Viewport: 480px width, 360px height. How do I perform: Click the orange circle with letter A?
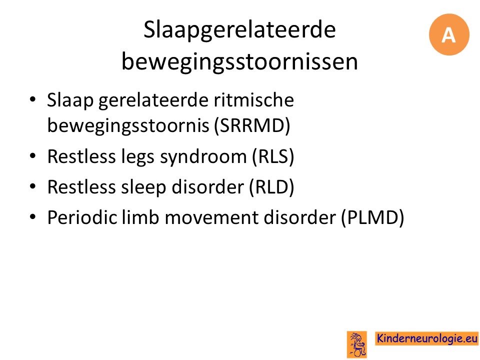coord(449,34)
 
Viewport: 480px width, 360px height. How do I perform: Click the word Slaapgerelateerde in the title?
coord(239,30)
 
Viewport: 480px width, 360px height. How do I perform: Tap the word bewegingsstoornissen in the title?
coord(239,61)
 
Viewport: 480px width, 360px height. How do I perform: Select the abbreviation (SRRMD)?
coord(252,125)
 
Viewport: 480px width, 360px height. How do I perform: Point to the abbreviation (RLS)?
coord(273,156)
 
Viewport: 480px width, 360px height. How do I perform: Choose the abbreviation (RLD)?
coord(271,186)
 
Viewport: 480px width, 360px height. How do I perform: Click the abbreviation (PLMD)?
coord(372,217)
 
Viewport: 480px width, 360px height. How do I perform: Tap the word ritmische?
coord(254,100)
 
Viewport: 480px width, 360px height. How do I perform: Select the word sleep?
coord(143,187)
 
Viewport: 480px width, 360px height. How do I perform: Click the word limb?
coord(141,217)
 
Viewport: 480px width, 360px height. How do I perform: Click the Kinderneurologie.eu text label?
coord(427,338)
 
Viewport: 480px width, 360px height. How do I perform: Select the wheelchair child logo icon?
coord(356,344)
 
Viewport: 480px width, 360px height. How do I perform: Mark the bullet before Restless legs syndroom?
coord(33,156)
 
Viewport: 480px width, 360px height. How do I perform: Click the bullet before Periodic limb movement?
coord(33,217)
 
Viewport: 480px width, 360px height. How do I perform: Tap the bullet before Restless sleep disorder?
coord(33,186)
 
